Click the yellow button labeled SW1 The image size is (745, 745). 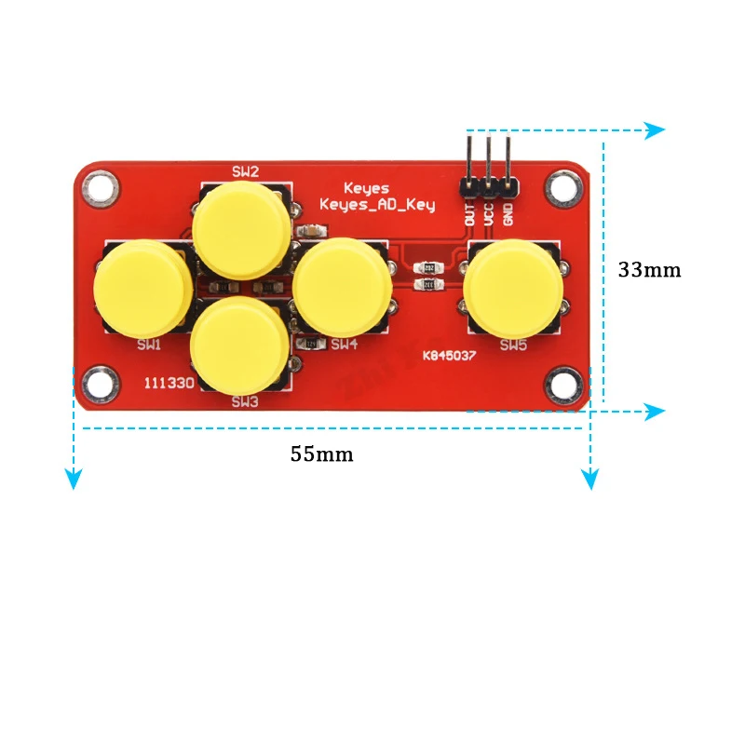(143, 288)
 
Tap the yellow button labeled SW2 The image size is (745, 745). (242, 227)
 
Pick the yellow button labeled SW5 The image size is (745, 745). (512, 288)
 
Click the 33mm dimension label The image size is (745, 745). (649, 270)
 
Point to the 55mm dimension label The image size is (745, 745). (321, 454)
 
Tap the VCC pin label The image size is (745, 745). (488, 212)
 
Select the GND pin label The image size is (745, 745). (508, 212)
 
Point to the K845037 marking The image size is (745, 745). (451, 356)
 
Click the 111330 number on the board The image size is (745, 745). (169, 383)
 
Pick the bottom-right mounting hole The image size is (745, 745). (562, 384)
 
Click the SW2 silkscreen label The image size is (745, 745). (245, 170)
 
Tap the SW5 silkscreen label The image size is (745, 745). (513, 345)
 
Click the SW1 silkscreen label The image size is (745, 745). (149, 345)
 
